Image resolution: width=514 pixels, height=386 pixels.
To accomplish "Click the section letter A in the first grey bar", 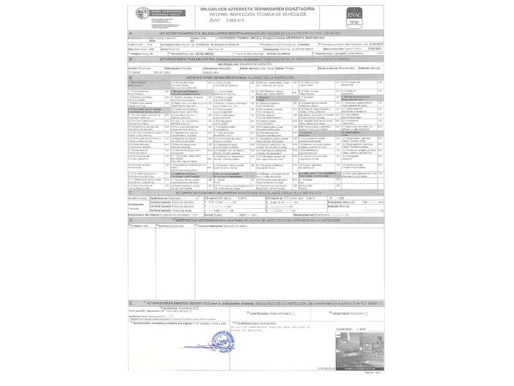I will point(130,33).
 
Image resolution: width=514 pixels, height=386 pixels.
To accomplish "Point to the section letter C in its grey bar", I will point(130,193).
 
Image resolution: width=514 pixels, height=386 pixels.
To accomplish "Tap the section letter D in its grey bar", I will point(130,219).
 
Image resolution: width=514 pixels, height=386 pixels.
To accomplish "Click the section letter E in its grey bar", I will point(130,302).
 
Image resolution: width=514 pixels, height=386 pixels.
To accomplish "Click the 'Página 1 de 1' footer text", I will point(373,372).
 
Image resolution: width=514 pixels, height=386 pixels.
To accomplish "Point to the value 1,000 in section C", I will point(341,198).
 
